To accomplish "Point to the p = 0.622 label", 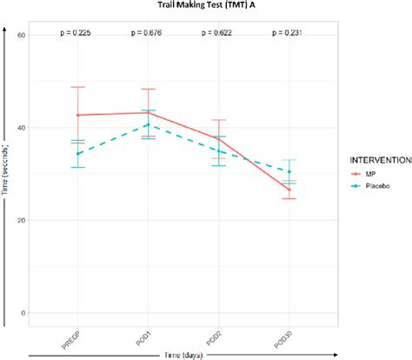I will tap(218, 34).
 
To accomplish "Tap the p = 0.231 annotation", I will tap(289, 34).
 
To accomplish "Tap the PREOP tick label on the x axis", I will tap(71, 337).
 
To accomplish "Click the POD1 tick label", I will tap(143, 335).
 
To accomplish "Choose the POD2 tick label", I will tap(213, 335).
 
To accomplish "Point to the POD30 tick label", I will tap(282, 337).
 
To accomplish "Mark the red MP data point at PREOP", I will tap(78, 115).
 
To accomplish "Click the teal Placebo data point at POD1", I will tap(148, 124).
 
